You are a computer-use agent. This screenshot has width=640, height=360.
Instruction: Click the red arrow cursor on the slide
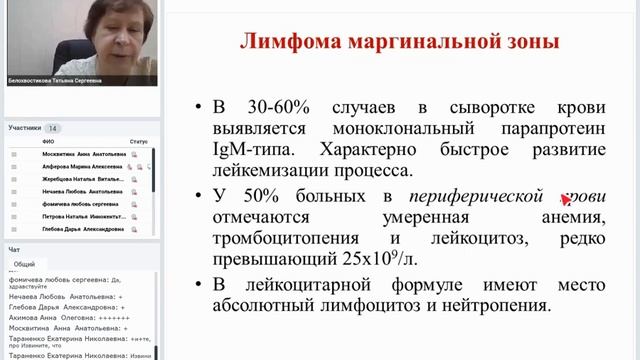click(567, 198)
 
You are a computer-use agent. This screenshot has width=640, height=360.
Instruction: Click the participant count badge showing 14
click(53, 128)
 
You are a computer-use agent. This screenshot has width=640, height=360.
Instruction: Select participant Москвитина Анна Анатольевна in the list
click(83, 155)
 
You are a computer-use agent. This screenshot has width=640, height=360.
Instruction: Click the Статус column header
click(139, 142)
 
